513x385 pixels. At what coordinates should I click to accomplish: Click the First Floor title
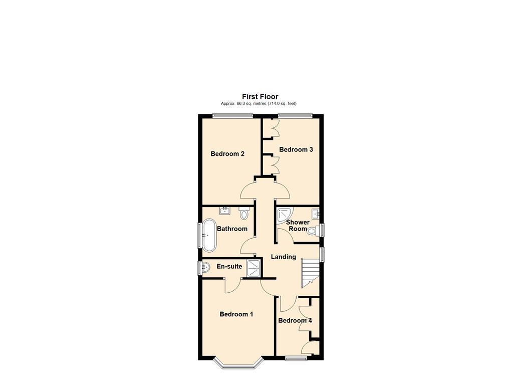[x=260, y=97]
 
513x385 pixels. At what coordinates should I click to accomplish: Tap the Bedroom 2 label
[x=227, y=154]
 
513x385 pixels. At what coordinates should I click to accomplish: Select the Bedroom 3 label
[x=296, y=149]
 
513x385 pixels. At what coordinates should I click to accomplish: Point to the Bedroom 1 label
[x=236, y=314]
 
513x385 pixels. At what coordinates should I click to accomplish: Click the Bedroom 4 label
[x=295, y=321]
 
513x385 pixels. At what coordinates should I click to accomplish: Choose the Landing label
[x=284, y=257]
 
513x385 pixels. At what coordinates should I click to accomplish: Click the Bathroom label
[x=232, y=229]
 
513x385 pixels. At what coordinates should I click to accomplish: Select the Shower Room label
[x=298, y=225]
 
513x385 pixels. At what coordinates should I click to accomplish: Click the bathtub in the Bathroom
[x=209, y=235]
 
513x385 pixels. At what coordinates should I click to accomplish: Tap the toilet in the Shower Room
[x=313, y=231]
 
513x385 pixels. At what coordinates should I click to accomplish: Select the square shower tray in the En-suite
[x=254, y=268]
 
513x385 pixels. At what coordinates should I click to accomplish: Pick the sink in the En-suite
[x=205, y=268]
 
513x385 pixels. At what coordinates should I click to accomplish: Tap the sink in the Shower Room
[x=315, y=214]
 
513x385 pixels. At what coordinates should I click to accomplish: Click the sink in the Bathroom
[x=225, y=211]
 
